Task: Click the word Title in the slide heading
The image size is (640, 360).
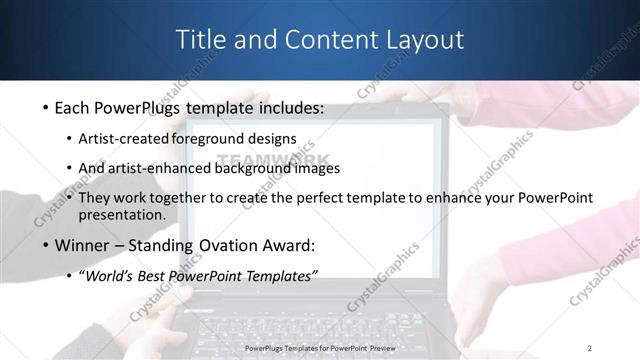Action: pos(203,40)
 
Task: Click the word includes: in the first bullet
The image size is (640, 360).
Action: pos(286,108)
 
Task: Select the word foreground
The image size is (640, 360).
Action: pos(209,138)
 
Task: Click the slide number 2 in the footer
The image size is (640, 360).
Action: pos(590,348)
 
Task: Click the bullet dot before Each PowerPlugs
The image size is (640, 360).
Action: pos(46,108)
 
